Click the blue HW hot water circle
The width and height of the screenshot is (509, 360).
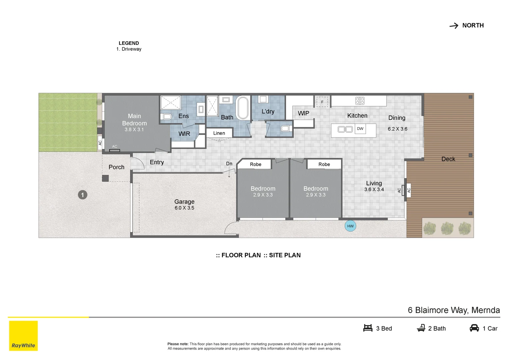pyautogui.click(x=350, y=226)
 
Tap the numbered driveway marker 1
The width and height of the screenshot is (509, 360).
pyautogui.click(x=83, y=195)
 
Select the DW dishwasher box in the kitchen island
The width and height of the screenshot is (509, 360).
pyautogui.click(x=360, y=129)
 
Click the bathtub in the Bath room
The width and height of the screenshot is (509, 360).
pyautogui.click(x=243, y=108)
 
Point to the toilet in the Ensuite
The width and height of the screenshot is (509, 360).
pyautogui.click(x=166, y=116)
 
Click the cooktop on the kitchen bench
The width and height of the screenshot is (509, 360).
pyautogui.click(x=360, y=101)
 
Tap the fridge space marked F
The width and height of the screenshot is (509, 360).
pyautogui.click(x=322, y=102)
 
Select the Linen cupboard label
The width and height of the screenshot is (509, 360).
pyautogui.click(x=219, y=133)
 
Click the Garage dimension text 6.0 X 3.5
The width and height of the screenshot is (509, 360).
pyautogui.click(x=184, y=208)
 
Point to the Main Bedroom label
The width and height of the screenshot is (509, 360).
pyautogui.click(x=134, y=120)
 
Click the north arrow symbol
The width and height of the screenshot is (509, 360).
pyautogui.click(x=454, y=26)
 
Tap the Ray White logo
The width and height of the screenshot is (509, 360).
pyautogui.click(x=23, y=336)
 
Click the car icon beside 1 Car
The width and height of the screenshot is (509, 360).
pyautogui.click(x=474, y=328)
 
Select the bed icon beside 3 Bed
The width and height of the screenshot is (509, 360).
pyautogui.click(x=368, y=328)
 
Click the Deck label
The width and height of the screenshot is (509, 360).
pyautogui.click(x=448, y=159)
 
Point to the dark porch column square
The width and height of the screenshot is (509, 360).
pyautogui.click(x=105, y=178)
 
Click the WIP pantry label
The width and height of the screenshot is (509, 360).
pyautogui.click(x=303, y=113)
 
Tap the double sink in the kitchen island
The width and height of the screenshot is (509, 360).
pyautogui.click(x=345, y=129)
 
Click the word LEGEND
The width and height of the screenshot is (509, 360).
pyautogui.click(x=129, y=43)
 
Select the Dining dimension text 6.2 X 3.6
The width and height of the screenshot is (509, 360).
pyautogui.click(x=397, y=129)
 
